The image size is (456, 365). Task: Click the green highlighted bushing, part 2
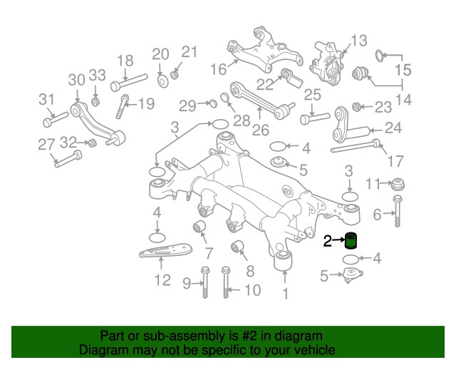point(351,242)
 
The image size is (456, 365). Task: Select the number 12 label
point(162,280)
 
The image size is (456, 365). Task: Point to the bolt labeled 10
point(227,284)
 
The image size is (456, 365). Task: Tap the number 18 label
point(125,61)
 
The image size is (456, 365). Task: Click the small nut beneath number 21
point(176,73)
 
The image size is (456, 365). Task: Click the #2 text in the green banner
point(250,335)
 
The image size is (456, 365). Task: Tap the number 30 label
point(76,79)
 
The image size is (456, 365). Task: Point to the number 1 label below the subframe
point(285,294)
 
